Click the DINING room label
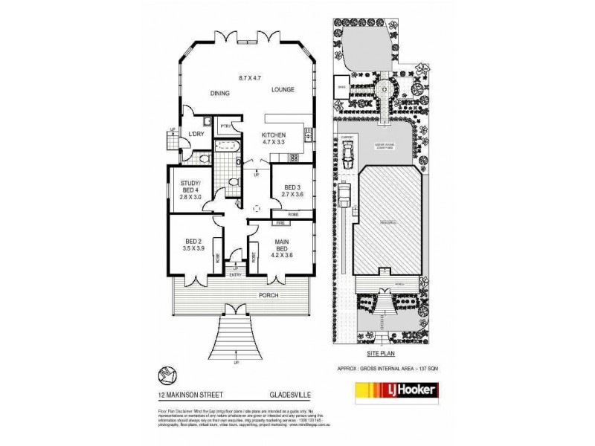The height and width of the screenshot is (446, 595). click(x=219, y=94)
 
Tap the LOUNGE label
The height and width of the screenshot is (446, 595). click(x=283, y=90)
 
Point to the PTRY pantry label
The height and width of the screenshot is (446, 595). click(x=226, y=127)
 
